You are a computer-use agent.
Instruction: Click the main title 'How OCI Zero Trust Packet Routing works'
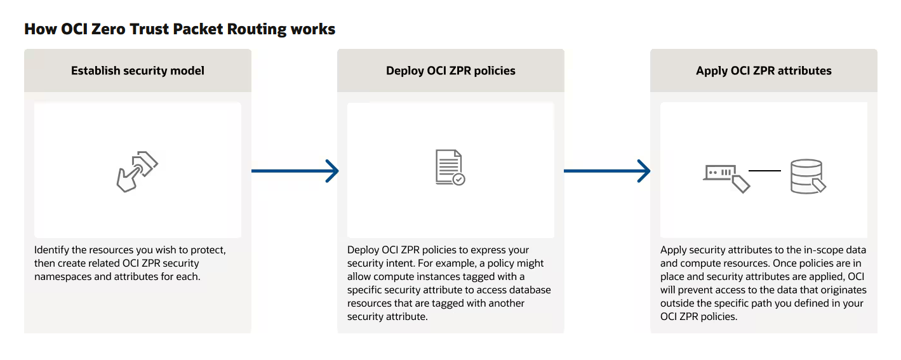pos(180,29)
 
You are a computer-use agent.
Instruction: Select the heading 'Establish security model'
pos(138,71)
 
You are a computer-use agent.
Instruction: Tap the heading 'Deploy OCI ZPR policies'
pos(451,71)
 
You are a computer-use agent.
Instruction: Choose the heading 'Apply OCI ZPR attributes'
pos(764,71)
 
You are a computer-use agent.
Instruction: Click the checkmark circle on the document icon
pos(459,180)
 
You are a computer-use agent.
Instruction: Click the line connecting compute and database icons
pos(764,171)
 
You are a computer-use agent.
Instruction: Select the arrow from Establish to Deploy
pos(295,171)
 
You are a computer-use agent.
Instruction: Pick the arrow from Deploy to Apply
pos(607,171)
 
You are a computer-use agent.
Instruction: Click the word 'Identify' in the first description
pos(51,250)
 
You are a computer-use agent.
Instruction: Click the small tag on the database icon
pos(819,185)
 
